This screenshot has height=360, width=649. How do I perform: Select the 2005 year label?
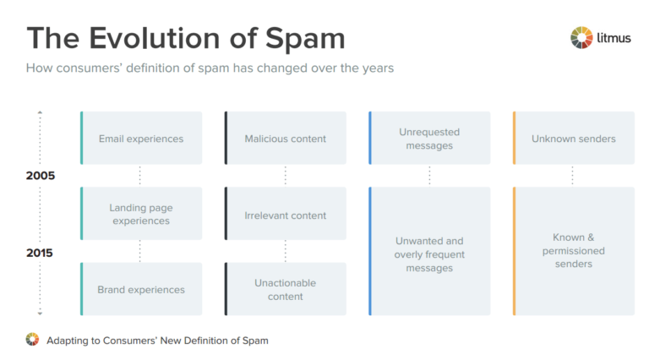41,176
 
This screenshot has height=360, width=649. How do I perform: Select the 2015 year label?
41,253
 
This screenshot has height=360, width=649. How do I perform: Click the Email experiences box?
141,138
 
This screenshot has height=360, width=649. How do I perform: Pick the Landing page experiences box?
141,214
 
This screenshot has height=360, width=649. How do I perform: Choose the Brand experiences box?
141,289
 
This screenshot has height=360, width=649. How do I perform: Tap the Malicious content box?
286,138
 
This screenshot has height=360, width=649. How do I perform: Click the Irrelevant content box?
286,215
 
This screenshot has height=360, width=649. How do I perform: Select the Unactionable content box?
286,289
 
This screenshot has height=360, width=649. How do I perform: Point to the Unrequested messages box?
430,138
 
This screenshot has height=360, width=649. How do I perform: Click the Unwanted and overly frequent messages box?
430,252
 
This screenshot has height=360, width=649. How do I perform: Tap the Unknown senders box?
574,138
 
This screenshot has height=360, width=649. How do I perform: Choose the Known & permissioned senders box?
574,252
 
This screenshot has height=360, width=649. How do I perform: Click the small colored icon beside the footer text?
32,340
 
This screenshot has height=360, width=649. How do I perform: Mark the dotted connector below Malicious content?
286,176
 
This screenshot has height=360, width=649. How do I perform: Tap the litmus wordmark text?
614,37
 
